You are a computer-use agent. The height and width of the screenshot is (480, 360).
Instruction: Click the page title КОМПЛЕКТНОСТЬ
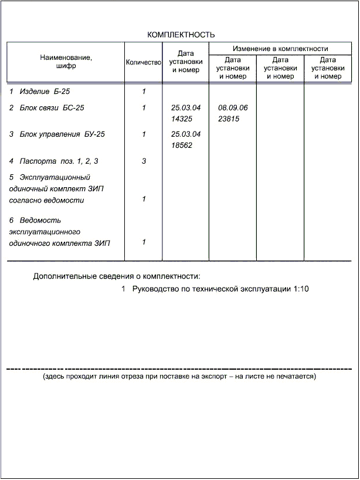coord(181,35)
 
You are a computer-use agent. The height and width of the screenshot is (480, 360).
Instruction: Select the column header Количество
coord(143,62)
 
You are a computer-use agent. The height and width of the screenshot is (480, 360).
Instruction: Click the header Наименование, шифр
coord(66,62)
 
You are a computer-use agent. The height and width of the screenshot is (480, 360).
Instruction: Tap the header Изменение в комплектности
coord(280,48)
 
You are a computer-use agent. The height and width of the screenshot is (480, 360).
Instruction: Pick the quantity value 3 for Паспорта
coord(144,161)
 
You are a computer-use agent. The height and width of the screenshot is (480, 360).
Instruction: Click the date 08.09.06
coord(233,108)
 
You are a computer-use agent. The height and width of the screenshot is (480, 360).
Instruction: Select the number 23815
coord(229,119)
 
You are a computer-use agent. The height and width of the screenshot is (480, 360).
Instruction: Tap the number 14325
coord(182,119)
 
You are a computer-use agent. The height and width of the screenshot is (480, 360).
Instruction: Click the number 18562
coord(182,145)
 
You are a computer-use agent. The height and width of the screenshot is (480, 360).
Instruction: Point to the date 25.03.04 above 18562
coord(186,134)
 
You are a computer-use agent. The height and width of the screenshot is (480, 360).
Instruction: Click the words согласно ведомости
coord(47,200)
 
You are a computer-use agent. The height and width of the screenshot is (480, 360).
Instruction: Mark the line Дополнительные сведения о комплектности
coord(117,276)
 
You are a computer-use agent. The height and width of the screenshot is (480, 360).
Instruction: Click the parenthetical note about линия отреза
coord(179,376)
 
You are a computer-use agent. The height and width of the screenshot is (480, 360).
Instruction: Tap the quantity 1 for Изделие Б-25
coord(144,92)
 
